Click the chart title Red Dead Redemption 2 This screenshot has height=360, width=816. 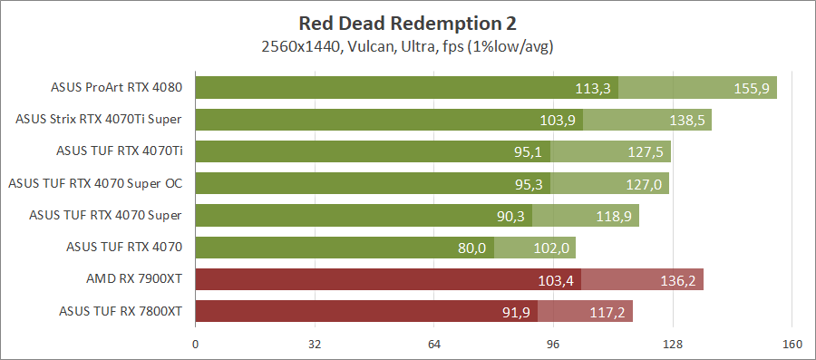pyautogui.click(x=407, y=23)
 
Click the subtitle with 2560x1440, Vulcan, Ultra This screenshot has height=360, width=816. pyautogui.click(x=407, y=45)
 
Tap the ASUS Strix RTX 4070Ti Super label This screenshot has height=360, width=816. pyautogui.click(x=100, y=119)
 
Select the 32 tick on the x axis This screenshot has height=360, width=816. pyautogui.click(x=315, y=344)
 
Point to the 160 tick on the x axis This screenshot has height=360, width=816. pyautogui.click(x=792, y=344)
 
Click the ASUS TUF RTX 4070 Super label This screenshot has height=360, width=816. pyautogui.click(x=105, y=215)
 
